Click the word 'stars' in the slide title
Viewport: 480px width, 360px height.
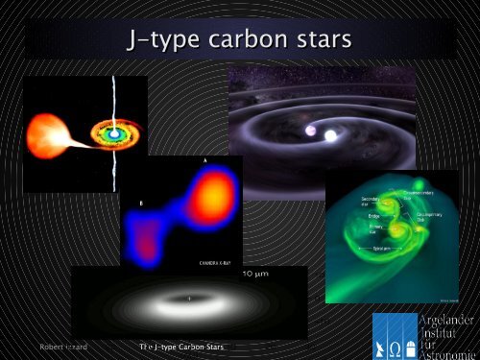pos(313,41)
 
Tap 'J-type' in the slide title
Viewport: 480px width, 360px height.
pos(159,41)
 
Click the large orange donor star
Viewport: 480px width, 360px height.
pos(45,132)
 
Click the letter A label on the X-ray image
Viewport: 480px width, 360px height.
pos(205,158)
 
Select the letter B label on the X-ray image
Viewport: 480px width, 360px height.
pos(141,204)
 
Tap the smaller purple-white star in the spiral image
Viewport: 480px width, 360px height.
pos(310,130)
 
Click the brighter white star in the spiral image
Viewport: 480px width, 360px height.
pos(330,135)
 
